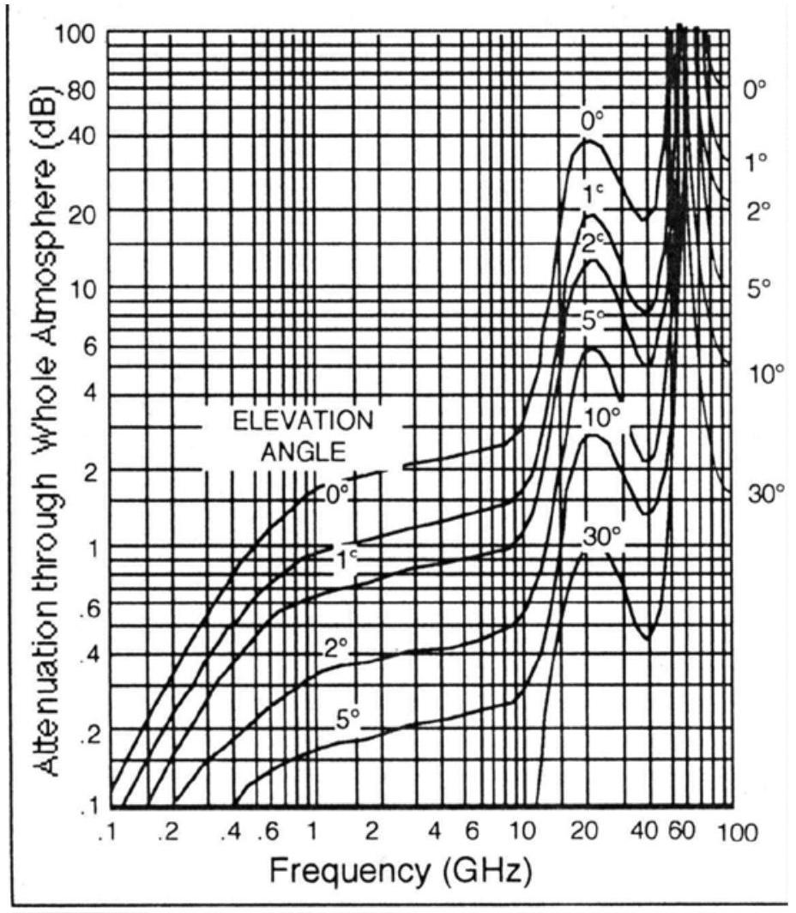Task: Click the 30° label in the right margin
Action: pyautogui.click(x=766, y=493)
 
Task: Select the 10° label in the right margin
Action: pyautogui.click(x=766, y=374)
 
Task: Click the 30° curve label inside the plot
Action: pyautogui.click(x=601, y=536)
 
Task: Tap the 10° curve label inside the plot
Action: pyautogui.click(x=601, y=418)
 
